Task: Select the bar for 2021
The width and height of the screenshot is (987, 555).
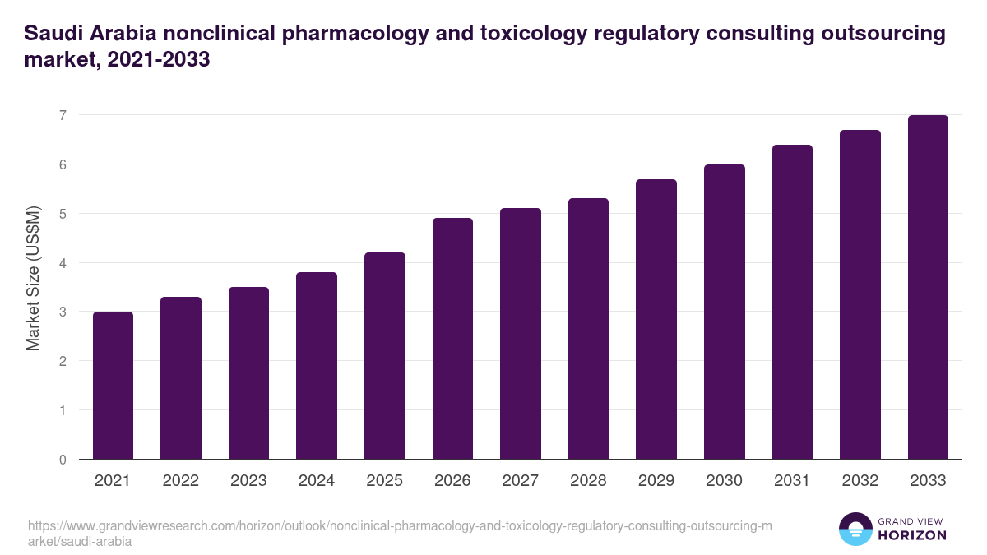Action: [113, 386]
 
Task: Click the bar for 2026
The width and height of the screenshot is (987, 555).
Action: [452, 339]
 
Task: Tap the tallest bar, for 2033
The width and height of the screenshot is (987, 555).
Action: [928, 287]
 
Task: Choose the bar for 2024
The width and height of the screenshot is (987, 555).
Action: [317, 366]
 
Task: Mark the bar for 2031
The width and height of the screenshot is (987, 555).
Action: [792, 302]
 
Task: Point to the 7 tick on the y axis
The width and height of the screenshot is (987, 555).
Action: [63, 115]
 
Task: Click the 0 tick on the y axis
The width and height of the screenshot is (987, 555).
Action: [63, 460]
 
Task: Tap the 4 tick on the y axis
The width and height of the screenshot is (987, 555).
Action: [63, 263]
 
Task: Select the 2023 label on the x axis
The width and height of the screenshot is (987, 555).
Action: [248, 481]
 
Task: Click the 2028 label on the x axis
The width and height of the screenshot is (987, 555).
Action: [588, 481]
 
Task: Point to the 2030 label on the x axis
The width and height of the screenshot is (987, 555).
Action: [724, 481]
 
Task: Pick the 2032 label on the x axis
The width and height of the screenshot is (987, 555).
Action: [860, 481]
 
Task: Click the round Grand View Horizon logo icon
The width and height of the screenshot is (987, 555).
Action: [855, 530]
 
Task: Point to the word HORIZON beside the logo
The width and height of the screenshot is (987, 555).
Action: [913, 535]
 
